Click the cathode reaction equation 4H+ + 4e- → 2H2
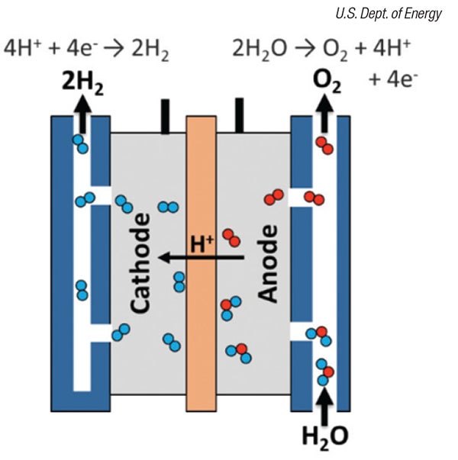[x=86, y=49]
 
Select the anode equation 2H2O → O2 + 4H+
[x=321, y=49]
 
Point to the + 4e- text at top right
[x=390, y=79]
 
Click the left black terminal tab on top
[x=164, y=116]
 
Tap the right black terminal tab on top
[x=239, y=116]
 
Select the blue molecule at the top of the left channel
[x=79, y=142]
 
